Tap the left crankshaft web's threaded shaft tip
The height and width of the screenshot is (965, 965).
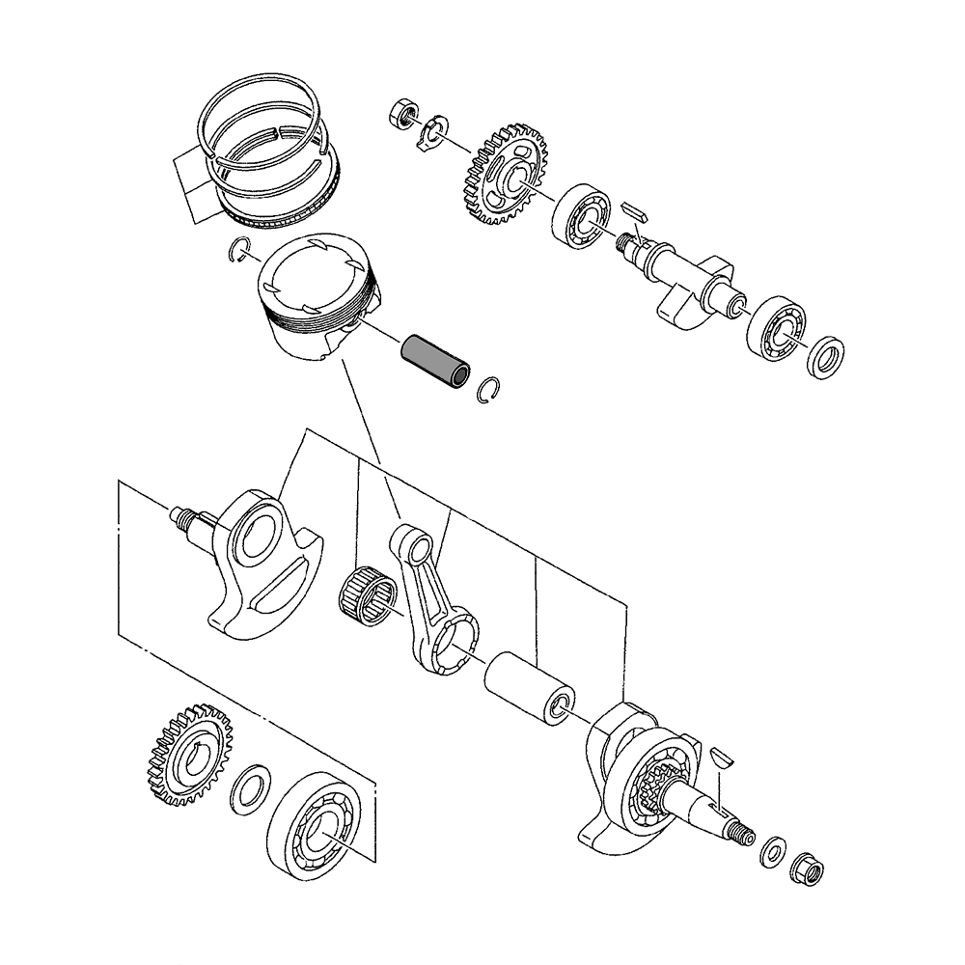(x=179, y=517)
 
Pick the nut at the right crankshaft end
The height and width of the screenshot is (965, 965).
(x=806, y=872)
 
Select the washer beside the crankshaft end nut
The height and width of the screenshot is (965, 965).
(x=772, y=852)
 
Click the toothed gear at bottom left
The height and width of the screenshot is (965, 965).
(x=189, y=755)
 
